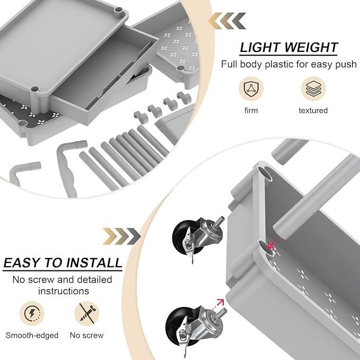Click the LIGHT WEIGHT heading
pos(288,47)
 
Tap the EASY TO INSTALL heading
pos(63,262)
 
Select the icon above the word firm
pos(251,89)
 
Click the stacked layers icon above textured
pos(313,89)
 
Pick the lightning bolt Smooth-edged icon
pos(32,313)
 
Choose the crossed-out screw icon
pos(86,313)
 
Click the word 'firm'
pos(251,110)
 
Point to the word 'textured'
pos(313,110)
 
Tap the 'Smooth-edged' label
pos(32,335)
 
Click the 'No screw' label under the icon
pos(86,335)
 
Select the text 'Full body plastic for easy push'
pos(288,64)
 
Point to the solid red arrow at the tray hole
pos(273,244)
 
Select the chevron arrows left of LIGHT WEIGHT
pos(226,21)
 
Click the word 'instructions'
pos(63,291)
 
